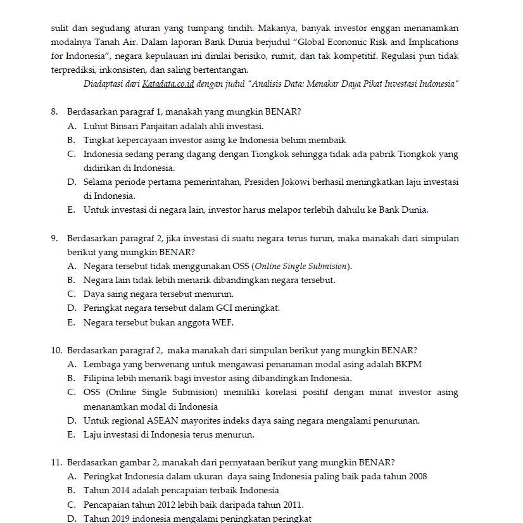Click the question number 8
pyautogui.click(x=54, y=112)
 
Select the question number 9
pyautogui.click(x=54, y=238)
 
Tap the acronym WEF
pyautogui.click(x=223, y=322)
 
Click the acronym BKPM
pyautogui.click(x=408, y=364)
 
